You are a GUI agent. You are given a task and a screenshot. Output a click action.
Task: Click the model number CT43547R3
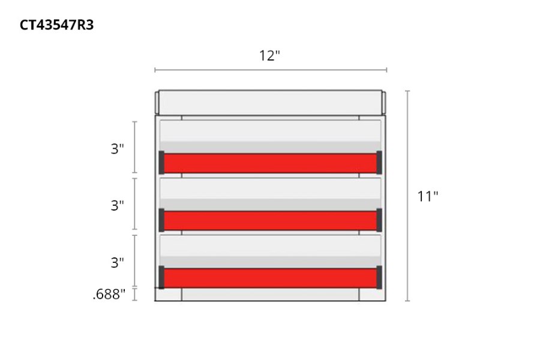pyautogui.click(x=56, y=25)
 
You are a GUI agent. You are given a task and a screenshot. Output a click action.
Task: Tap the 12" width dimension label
pyautogui.click(x=270, y=56)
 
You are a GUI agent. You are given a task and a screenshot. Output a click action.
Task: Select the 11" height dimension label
pyautogui.click(x=428, y=196)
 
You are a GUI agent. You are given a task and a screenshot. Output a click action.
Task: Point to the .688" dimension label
pyautogui.click(x=109, y=294)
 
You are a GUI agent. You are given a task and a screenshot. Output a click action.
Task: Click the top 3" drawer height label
pyautogui.click(x=117, y=149)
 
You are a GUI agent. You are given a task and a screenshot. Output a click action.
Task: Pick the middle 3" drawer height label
pyautogui.click(x=117, y=205)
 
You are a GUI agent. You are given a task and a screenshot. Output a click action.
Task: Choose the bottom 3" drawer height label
pyautogui.click(x=117, y=262)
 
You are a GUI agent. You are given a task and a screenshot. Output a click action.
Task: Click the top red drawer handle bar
pyautogui.click(x=270, y=163)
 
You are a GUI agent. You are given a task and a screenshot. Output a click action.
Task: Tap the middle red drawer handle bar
pyautogui.click(x=270, y=220)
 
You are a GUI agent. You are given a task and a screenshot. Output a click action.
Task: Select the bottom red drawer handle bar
pyautogui.click(x=270, y=278)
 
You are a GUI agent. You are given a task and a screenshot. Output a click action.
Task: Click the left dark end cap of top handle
pyautogui.click(x=161, y=162)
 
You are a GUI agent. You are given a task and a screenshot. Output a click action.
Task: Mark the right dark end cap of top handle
pyautogui.click(x=379, y=162)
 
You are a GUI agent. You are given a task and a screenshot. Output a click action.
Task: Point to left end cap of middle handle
pyautogui.click(x=161, y=220)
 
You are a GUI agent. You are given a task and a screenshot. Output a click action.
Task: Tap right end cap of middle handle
pyautogui.click(x=379, y=220)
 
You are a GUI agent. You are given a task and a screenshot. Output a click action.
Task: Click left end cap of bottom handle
pyautogui.click(x=161, y=277)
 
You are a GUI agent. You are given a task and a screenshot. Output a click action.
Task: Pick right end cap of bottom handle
pyautogui.click(x=379, y=277)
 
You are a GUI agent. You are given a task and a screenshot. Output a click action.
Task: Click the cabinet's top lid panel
pyautogui.click(x=270, y=102)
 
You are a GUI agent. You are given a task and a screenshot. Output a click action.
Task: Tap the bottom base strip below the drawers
pyautogui.click(x=270, y=295)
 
